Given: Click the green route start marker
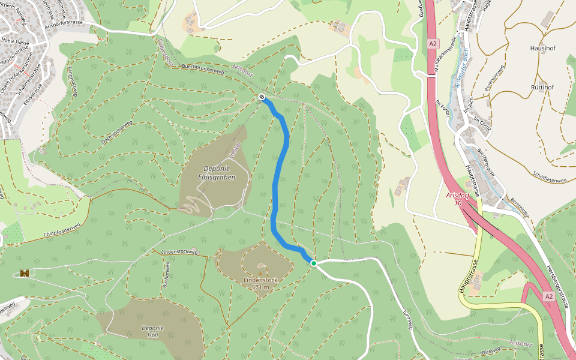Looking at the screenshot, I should tap(313, 263).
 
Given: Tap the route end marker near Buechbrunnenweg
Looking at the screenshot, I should tap(262, 97).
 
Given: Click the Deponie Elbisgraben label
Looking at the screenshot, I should tap(214, 173).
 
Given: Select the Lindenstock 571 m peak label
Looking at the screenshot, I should tap(260, 283).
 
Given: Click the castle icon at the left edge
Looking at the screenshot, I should tap(25, 273).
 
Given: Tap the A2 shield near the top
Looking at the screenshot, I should tap(433, 44).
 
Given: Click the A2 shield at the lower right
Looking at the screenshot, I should tap(548, 296).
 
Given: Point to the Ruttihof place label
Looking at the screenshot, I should tap(542, 87).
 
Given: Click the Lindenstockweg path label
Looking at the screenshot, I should tap(179, 252).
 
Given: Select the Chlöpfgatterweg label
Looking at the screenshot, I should tap(53, 231).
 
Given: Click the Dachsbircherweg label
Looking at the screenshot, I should tap(116, 133).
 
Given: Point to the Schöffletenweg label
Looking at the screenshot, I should tap(550, 176).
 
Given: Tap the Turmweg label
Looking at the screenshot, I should tap(407, 319).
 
